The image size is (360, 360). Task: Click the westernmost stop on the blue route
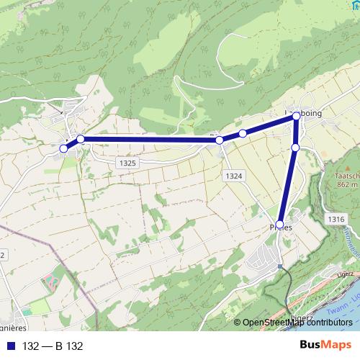(x=63, y=148)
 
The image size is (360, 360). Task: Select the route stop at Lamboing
(x=296, y=115)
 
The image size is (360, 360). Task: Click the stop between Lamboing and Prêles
(x=295, y=148)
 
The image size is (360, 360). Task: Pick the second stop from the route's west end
(x=81, y=139)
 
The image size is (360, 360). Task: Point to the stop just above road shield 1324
(x=220, y=140)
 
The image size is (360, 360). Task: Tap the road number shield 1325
(x=127, y=163)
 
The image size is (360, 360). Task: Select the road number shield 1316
(x=335, y=219)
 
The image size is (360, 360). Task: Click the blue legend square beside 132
(x=12, y=346)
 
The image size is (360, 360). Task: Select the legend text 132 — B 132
(x=53, y=346)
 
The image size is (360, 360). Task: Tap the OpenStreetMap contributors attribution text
(x=297, y=323)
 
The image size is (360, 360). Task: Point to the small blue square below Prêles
(x=280, y=266)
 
